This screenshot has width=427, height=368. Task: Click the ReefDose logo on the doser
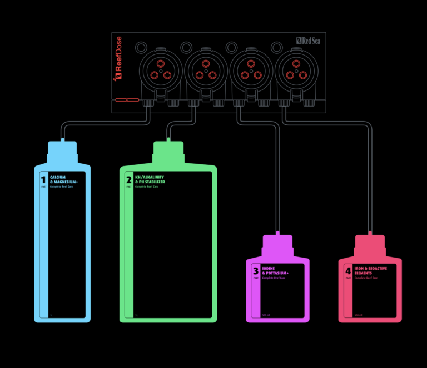click(118, 58)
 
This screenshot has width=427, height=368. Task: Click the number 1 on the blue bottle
click(43, 180)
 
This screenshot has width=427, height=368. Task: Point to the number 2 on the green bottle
click(129, 180)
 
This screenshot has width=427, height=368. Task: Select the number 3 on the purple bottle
click(255, 271)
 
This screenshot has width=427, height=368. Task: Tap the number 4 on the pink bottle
click(348, 271)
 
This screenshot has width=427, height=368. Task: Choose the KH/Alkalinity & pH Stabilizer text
click(150, 179)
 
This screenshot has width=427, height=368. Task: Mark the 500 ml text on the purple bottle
click(266, 315)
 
